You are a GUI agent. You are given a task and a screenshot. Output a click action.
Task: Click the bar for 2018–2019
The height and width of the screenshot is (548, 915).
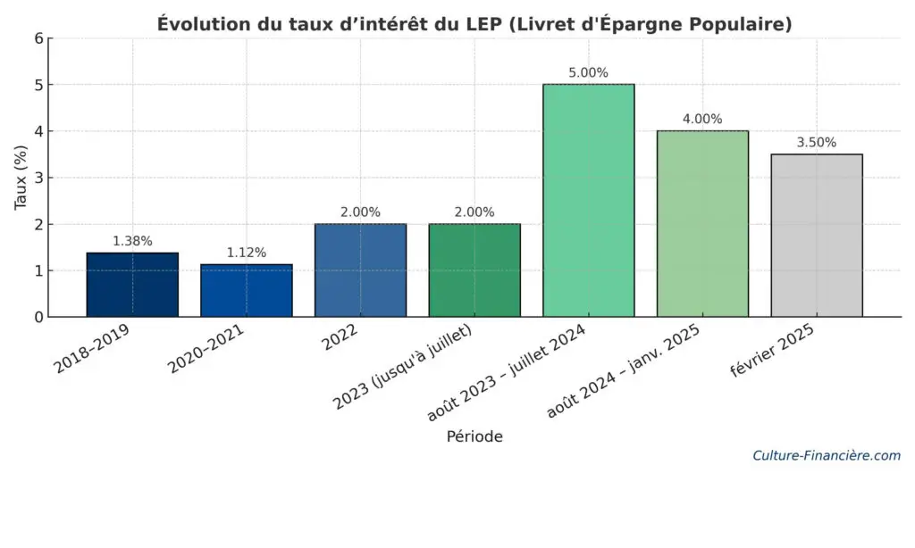132,285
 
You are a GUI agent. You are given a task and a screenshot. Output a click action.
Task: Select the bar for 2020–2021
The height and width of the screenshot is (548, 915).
247,290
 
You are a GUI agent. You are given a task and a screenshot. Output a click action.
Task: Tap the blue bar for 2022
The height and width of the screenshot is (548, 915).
360,270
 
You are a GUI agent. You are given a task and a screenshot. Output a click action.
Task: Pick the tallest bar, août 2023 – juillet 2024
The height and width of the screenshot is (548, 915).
589,201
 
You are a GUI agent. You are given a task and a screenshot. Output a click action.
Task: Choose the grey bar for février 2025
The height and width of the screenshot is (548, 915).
817,236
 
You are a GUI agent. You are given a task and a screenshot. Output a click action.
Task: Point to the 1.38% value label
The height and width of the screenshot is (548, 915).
132,241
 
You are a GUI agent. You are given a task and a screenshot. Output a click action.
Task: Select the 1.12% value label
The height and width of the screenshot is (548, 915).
247,253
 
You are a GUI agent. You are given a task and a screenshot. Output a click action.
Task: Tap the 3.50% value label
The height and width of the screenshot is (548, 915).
817,143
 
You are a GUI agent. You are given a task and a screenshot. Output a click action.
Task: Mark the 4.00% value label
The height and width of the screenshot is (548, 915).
702,120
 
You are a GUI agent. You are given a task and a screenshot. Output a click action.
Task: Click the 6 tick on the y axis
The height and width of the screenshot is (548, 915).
38,38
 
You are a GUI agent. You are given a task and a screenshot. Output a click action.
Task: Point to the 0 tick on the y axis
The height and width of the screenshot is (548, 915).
38,317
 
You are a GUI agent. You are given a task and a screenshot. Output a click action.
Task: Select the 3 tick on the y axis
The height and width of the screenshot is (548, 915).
38,178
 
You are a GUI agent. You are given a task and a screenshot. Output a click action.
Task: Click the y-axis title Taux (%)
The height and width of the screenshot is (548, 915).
21,178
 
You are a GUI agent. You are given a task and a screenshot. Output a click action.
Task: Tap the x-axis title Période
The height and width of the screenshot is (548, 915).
474,436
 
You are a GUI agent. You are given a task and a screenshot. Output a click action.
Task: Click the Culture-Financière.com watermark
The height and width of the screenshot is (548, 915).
827,455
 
